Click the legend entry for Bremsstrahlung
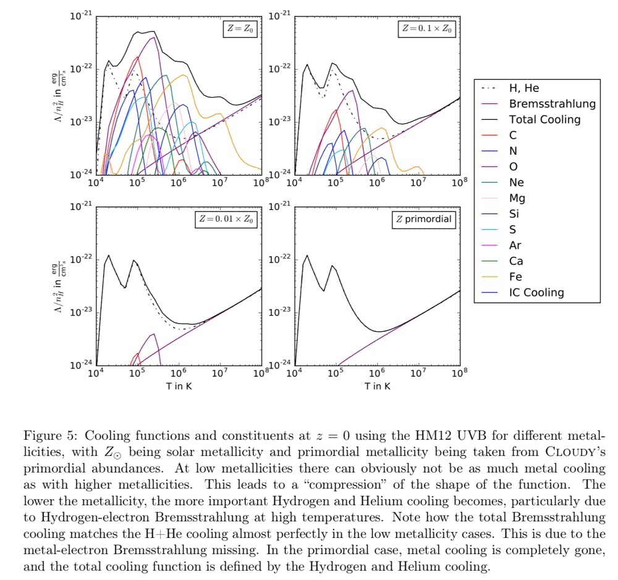[x=552, y=104]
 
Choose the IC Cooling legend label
[x=536, y=293]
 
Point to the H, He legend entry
[x=524, y=88]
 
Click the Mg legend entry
[x=517, y=198]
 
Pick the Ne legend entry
[x=516, y=182]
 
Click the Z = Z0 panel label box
[x=241, y=28]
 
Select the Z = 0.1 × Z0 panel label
[x=426, y=28]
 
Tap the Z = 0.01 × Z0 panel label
[x=227, y=219]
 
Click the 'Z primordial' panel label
[x=424, y=219]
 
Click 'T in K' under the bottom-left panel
[x=178, y=387]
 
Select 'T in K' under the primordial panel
[x=377, y=387]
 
